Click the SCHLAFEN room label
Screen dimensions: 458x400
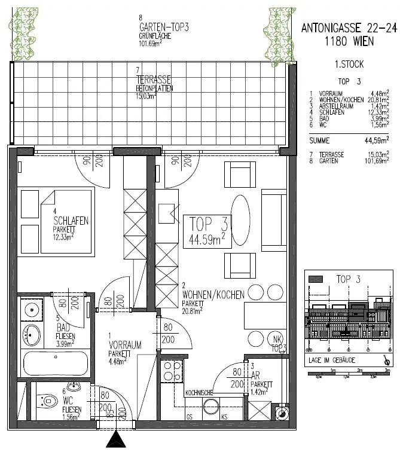coord(71,221)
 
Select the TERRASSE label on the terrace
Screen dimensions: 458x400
coord(154,79)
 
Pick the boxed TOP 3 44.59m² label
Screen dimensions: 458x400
coord(207,231)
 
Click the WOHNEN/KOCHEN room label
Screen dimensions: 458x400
coord(213,295)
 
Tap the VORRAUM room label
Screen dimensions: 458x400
coord(125,345)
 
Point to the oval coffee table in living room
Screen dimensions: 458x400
coord(241,219)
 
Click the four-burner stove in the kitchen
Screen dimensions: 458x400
coord(173,371)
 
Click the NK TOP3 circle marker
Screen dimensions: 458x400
coord(276,341)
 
